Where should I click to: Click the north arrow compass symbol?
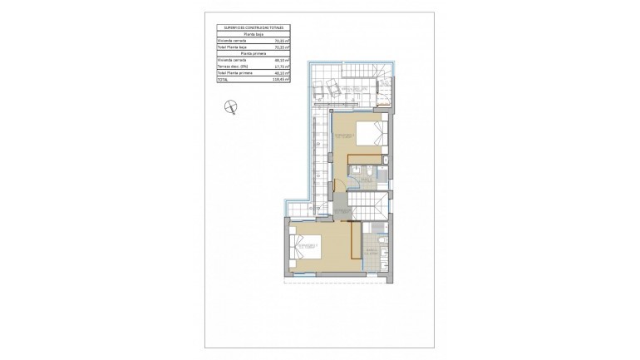tap(231, 106)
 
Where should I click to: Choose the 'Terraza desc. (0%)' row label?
tap(232, 66)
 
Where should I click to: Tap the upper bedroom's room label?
tap(346, 135)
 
